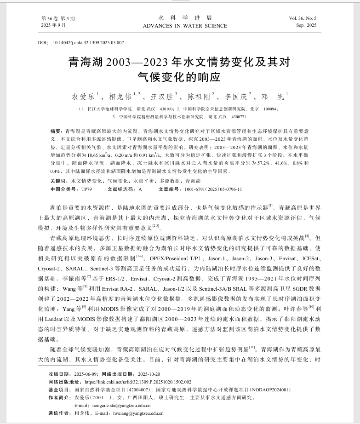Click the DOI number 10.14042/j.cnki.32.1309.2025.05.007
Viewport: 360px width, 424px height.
[89, 43]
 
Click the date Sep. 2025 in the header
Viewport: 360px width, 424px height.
[307, 25]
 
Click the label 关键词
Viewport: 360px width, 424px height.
[58, 181]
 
